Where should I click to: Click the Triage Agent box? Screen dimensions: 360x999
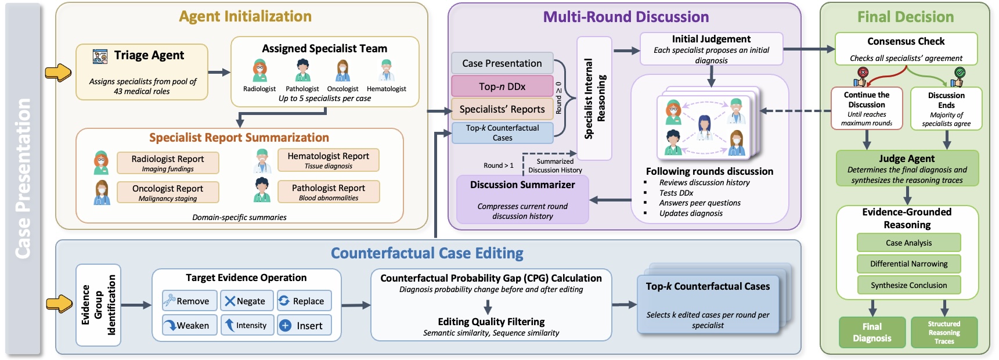coord(142,71)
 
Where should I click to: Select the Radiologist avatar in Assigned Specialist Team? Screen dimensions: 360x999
coord(259,70)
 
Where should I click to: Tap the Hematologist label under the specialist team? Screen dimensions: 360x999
coord(387,89)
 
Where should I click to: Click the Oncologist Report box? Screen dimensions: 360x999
coord(168,192)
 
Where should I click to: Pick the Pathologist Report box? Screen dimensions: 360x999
coord(329,192)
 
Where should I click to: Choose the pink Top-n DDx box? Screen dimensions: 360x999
coord(502,86)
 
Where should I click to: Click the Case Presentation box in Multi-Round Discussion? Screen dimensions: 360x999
coord(502,63)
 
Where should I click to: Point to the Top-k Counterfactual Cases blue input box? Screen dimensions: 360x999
coord(502,133)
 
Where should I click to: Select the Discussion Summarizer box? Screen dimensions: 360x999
coord(522,199)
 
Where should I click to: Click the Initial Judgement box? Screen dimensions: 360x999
coord(711,49)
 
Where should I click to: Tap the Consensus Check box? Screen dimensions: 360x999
coord(906,49)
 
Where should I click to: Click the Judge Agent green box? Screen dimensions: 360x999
coord(907,168)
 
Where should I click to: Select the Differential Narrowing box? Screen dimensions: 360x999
coord(908,264)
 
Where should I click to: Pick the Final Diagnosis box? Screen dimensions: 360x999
coord(871,332)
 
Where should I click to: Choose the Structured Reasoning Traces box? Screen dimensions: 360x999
coord(944,332)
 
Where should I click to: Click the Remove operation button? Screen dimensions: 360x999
coord(189,301)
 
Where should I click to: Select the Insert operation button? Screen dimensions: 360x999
coord(304,326)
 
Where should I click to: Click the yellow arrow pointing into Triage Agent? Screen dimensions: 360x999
coord(58,73)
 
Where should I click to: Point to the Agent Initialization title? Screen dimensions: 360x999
coord(245,16)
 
